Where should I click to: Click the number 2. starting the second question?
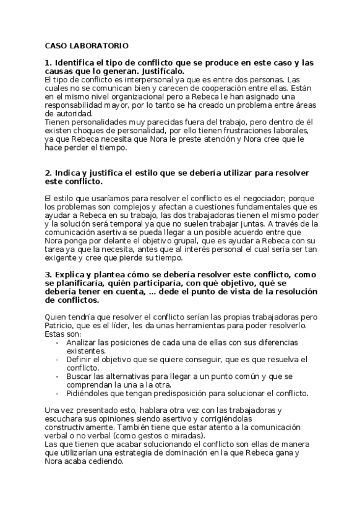48,171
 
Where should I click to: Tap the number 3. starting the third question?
48,274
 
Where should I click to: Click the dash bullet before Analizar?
58,342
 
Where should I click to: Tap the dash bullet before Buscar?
58,376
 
